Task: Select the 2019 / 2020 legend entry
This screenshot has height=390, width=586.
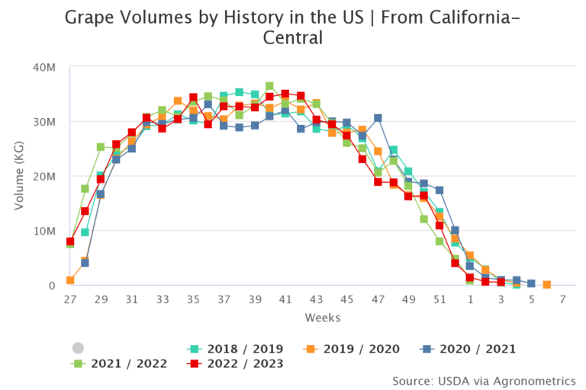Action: [356, 349]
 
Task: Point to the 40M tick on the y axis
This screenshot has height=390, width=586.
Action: [45, 67]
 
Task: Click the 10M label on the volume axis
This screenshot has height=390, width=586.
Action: [45, 231]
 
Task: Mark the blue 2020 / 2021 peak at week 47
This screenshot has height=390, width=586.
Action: [378, 118]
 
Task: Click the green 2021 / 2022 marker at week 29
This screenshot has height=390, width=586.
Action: [101, 147]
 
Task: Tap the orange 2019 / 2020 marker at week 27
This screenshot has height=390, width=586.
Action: [70, 280]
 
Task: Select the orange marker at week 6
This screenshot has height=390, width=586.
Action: [547, 285]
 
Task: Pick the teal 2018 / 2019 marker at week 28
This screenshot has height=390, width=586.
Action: [85, 232]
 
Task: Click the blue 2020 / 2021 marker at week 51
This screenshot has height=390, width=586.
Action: [439, 190]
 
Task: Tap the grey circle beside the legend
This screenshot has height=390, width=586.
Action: [78, 347]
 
